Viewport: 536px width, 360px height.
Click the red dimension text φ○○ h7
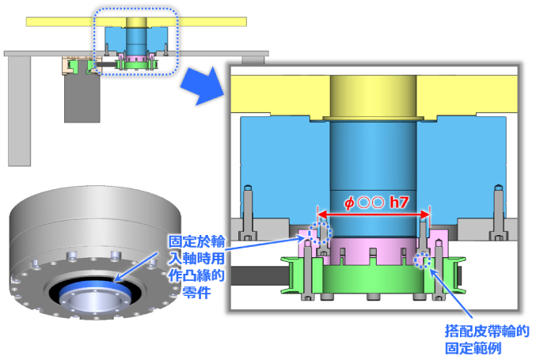pos(376,203)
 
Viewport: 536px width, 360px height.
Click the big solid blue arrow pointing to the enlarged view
pos(203,86)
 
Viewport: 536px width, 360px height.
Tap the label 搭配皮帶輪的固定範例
pos(486,340)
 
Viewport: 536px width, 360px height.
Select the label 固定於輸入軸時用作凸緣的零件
pos(196,267)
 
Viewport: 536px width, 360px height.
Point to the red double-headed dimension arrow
pos(374,215)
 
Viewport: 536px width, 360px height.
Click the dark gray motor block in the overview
pos(82,98)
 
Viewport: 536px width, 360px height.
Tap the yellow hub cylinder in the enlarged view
pos(373,97)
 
